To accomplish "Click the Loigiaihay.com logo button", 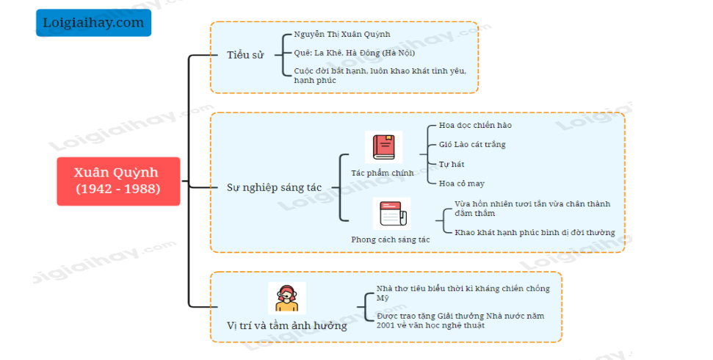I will click(x=93, y=23).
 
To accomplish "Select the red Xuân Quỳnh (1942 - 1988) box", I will click(x=117, y=181).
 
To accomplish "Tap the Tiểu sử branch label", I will click(x=245, y=55).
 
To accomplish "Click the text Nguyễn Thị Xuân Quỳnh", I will click(x=342, y=35).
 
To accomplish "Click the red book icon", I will click(x=383, y=147).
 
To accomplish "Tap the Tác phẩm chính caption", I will click(x=382, y=173).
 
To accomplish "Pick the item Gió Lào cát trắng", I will click(x=472, y=145).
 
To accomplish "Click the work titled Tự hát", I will click(x=452, y=164).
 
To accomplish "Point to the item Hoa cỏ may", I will click(x=462, y=183).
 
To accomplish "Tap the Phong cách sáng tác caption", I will click(x=390, y=240).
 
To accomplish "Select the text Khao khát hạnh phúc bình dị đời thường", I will click(x=535, y=233).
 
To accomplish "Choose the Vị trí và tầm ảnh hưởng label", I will click(x=287, y=325).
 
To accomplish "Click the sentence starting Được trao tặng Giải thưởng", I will click(x=460, y=320).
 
